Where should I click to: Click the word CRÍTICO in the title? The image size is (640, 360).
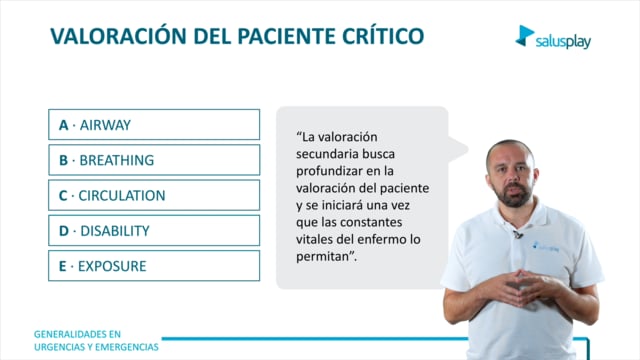(x=383, y=36)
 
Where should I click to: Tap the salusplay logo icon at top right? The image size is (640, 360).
(x=524, y=36)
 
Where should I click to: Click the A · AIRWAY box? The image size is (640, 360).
(x=154, y=124)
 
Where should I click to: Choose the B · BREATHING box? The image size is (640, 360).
(x=154, y=160)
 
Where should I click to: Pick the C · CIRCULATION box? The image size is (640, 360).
(x=154, y=195)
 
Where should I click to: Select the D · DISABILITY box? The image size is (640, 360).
(x=154, y=231)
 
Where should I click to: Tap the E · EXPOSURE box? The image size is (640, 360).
(x=154, y=266)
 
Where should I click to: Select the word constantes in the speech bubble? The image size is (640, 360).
(x=371, y=222)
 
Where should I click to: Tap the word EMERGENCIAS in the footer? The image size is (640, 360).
(x=127, y=347)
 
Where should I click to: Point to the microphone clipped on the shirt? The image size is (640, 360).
(x=518, y=234)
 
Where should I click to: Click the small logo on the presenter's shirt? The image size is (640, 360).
(x=545, y=246)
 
